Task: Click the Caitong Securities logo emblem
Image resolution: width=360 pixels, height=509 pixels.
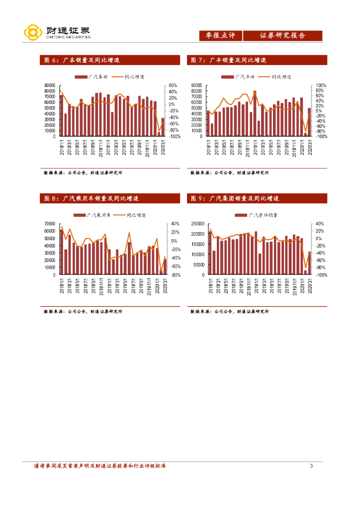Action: coord(33,33)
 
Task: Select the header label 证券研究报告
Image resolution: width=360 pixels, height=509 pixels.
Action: coord(282,36)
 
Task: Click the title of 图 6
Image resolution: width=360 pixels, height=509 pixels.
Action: coord(82,60)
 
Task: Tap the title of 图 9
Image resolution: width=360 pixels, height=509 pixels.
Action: coord(235,198)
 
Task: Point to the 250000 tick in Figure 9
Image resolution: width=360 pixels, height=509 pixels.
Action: coord(197,224)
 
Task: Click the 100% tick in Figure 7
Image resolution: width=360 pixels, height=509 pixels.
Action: coord(321,86)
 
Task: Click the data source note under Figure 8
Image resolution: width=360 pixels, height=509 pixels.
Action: coord(83,312)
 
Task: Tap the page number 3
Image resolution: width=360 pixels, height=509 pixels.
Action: coord(311,466)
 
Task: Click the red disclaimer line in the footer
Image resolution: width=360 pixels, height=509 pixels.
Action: coord(99,466)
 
